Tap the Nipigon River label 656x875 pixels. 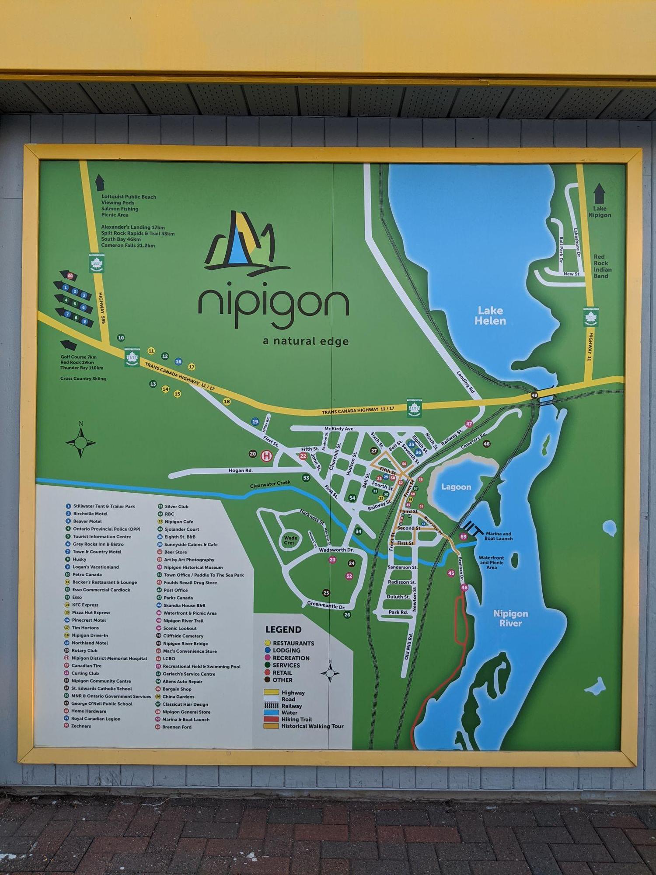(x=510, y=618)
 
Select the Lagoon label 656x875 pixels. (x=456, y=487)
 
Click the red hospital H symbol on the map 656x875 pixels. (x=266, y=456)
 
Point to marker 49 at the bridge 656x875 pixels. (x=534, y=395)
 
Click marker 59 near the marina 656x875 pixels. (x=463, y=536)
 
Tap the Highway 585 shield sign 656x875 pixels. (x=97, y=264)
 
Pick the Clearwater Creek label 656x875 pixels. (x=270, y=484)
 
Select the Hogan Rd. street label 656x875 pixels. (x=241, y=470)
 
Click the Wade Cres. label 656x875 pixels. (x=290, y=540)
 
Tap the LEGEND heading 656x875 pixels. (x=283, y=630)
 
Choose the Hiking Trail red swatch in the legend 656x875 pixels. (x=271, y=719)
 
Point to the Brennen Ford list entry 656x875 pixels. (x=177, y=727)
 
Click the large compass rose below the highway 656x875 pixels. (x=80, y=442)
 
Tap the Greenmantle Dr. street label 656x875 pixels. (x=326, y=605)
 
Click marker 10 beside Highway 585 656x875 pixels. (x=121, y=338)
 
